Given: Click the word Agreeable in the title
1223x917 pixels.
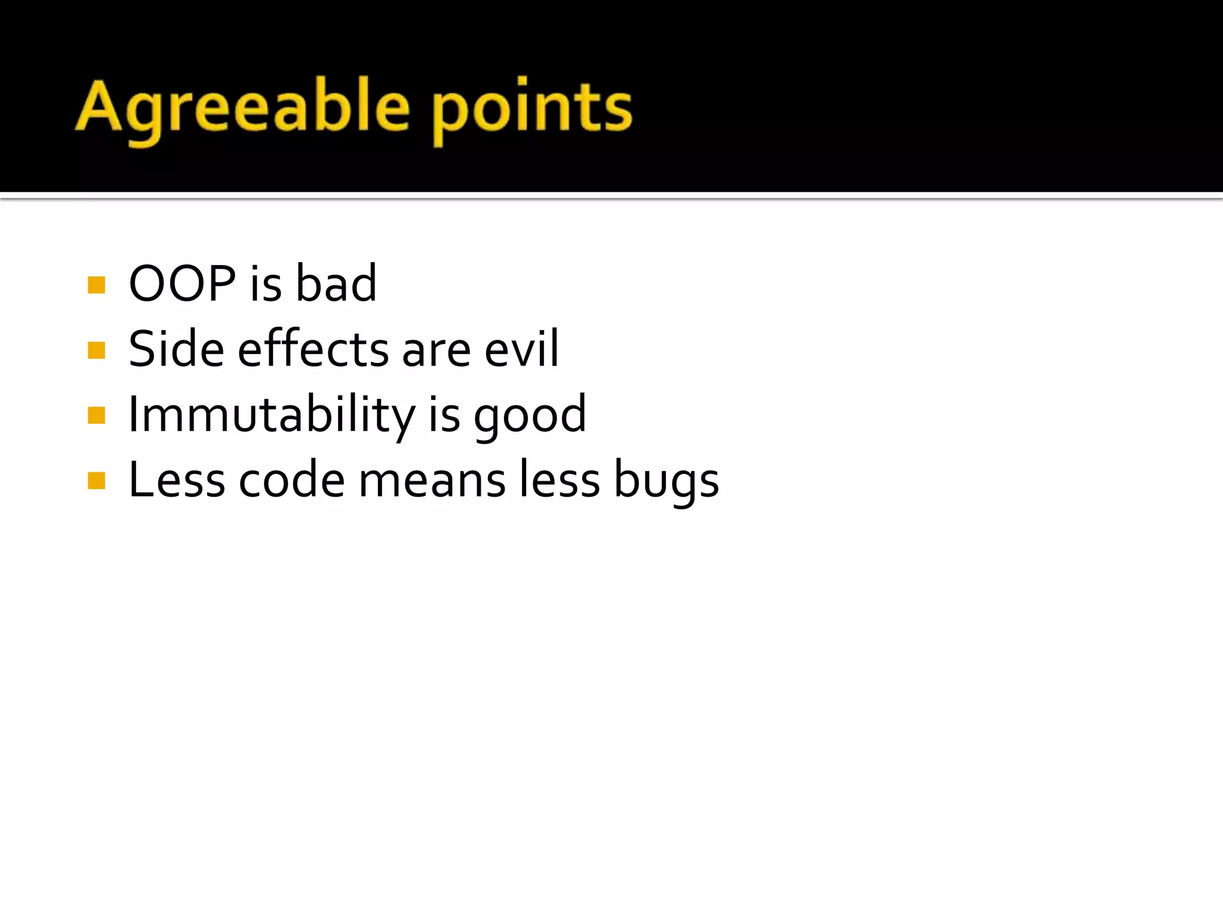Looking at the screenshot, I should pos(242,107).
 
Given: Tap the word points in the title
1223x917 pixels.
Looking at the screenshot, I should pos(531,107).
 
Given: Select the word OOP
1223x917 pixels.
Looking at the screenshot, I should pos(182,284).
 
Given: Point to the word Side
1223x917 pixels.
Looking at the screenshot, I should pos(177,349).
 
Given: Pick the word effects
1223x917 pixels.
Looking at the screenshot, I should pos(314,349).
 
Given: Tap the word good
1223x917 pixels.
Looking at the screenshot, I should pos(530,415).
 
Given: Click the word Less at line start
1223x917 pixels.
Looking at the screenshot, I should pos(177,481).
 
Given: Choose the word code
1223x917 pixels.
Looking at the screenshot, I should pos(292,481).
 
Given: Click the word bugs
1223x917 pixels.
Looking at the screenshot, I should pos(666,481).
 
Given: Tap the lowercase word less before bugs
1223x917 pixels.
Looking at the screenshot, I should pos(559,481).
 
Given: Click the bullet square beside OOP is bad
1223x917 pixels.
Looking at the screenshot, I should pos(96,285).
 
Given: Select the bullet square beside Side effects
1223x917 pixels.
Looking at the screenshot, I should pos(96,350).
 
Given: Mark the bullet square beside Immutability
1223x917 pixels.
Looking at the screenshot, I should pos(96,416).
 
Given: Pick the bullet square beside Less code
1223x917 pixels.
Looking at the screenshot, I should pos(96,481).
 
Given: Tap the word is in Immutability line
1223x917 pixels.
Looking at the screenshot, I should pos(444,415).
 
